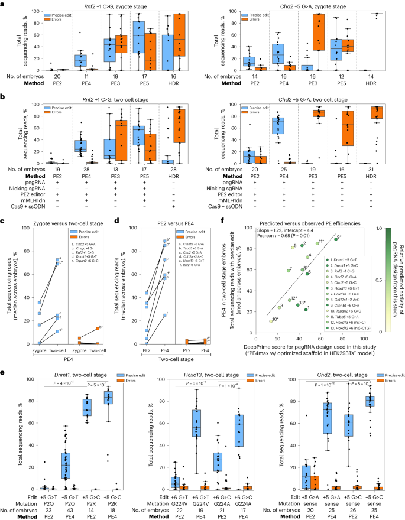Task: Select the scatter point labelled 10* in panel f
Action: (271, 304)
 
